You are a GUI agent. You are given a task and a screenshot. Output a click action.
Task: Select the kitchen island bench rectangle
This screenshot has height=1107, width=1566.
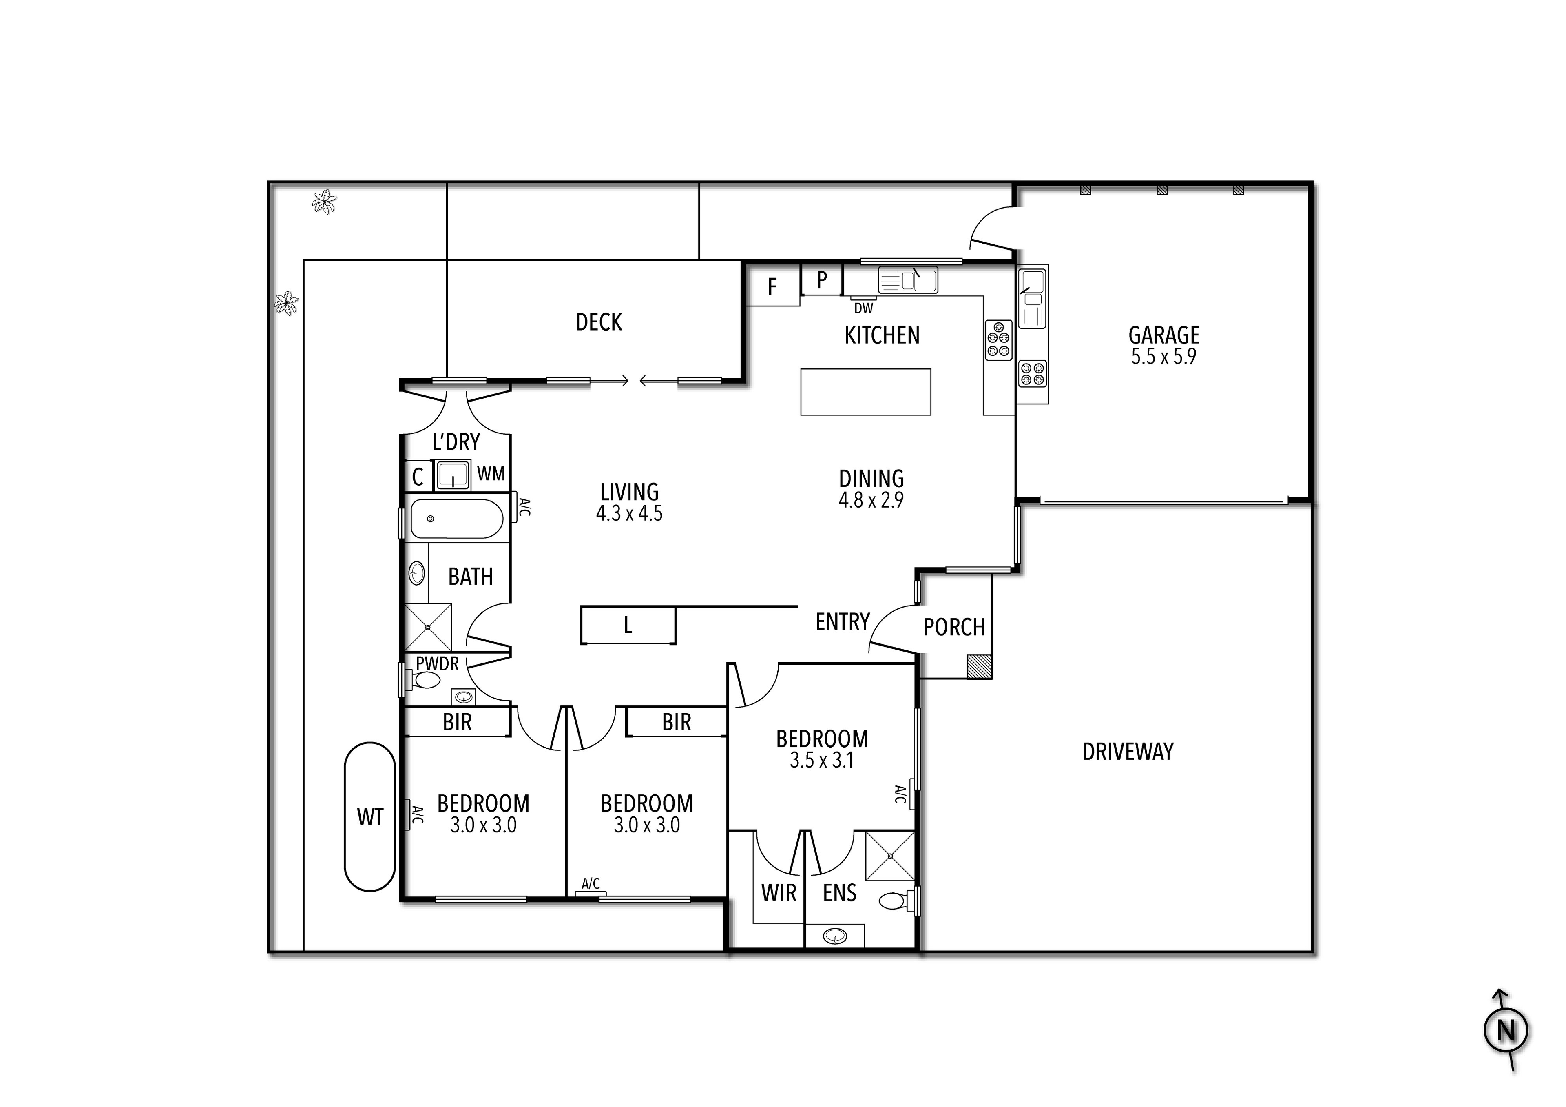pyautogui.click(x=865, y=392)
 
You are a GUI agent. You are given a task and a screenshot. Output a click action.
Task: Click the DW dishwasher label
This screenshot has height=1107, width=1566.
pyautogui.click(x=863, y=308)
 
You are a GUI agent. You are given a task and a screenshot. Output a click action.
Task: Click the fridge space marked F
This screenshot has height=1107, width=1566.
pyautogui.click(x=773, y=287)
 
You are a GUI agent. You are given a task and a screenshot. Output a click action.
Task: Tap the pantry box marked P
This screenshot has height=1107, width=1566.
pyautogui.click(x=822, y=280)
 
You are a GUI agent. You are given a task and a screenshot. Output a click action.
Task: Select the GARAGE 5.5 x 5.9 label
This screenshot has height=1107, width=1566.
pyautogui.click(x=1163, y=345)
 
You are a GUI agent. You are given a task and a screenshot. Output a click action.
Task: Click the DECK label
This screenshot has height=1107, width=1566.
pyautogui.click(x=598, y=322)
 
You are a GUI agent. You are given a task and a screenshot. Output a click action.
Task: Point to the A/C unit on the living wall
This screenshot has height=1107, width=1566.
pyautogui.click(x=516, y=506)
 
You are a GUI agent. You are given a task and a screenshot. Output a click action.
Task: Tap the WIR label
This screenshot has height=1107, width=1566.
pyautogui.click(x=778, y=893)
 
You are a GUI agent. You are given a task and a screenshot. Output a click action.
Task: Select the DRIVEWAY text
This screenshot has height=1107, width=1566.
pyautogui.click(x=1128, y=752)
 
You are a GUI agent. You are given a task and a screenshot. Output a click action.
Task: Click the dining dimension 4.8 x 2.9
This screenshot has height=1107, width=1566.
pyautogui.click(x=871, y=500)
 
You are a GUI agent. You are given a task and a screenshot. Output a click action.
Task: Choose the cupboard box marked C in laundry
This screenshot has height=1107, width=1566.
pyautogui.click(x=418, y=476)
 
